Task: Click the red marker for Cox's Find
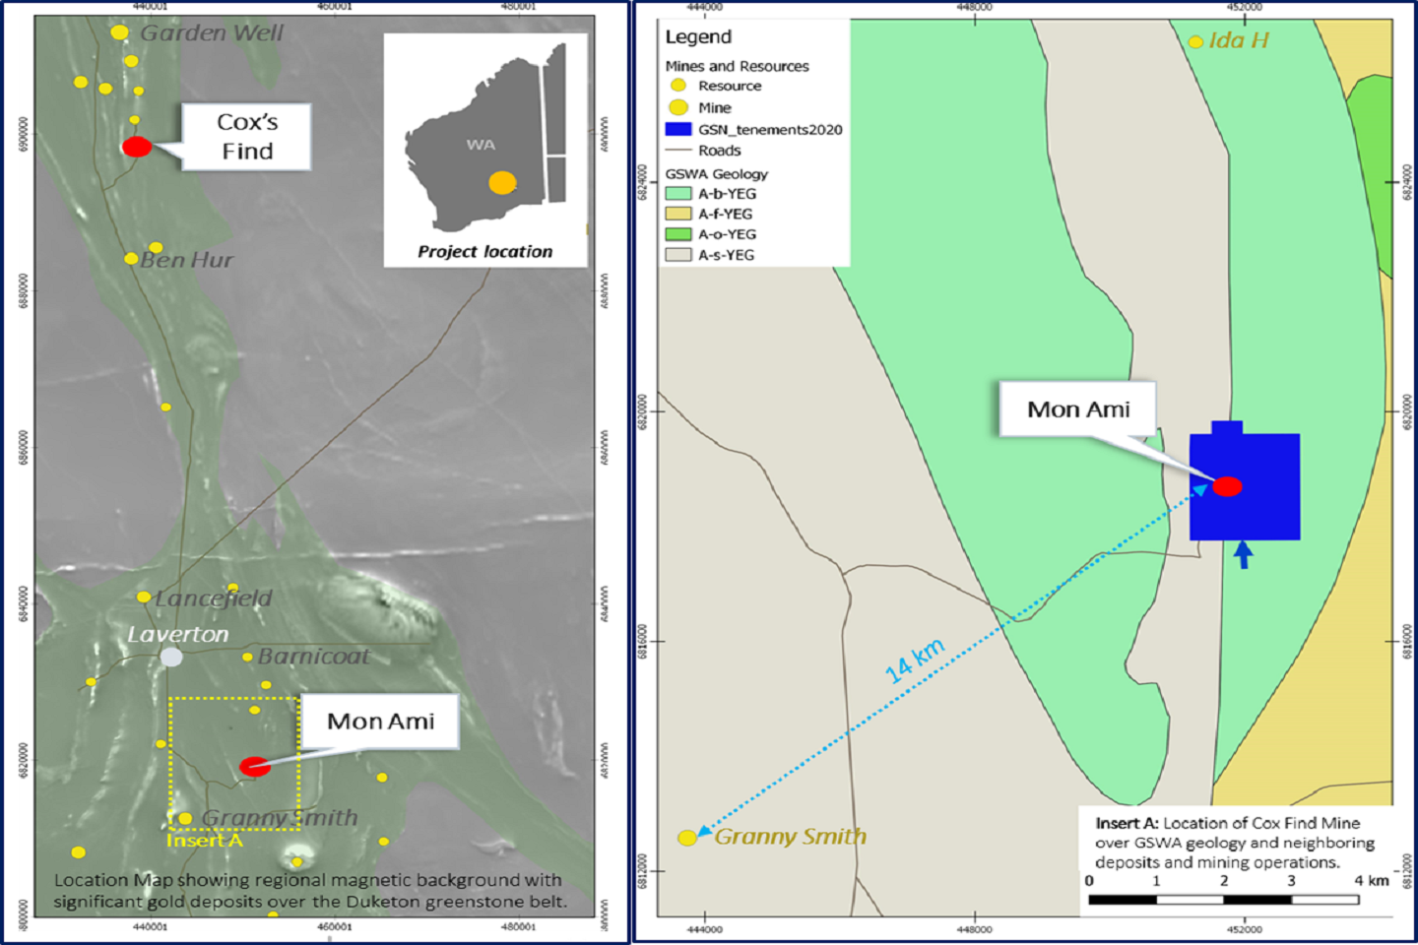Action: [137, 147]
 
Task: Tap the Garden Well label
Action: [211, 33]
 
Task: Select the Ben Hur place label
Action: [186, 260]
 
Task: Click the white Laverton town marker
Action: [171, 657]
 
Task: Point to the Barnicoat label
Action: [313, 657]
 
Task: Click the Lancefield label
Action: [213, 598]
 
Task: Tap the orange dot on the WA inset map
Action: [502, 182]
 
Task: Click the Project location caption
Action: [484, 252]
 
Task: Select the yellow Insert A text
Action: [204, 840]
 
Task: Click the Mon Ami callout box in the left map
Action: [380, 722]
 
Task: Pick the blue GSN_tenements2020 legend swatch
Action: [677, 129]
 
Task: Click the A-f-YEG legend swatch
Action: [677, 214]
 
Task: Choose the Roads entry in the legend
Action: [719, 151]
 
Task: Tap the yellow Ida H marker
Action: [1195, 41]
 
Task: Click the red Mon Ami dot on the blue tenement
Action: [1227, 486]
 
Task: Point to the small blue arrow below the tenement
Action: [1244, 554]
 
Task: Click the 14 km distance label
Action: [915, 661]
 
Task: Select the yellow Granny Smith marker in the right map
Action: [687, 838]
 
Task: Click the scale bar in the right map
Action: [1224, 899]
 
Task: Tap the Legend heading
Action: [698, 37]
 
